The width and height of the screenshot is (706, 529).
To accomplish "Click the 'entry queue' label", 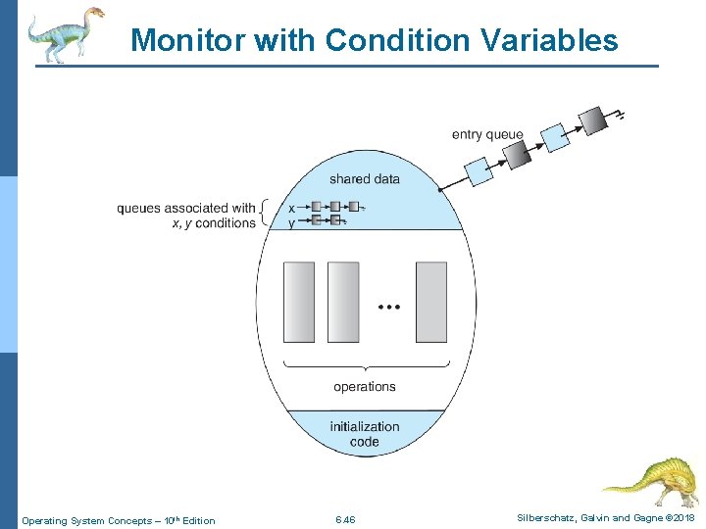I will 487,134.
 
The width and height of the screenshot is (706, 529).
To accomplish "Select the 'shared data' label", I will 365,178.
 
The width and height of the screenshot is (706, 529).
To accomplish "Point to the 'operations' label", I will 365,387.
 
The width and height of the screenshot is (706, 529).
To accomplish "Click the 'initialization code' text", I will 365,434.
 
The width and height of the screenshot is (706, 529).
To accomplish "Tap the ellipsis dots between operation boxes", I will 389,308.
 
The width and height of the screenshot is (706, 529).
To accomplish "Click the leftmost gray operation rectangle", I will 299,302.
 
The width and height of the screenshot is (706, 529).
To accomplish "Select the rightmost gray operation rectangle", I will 430,302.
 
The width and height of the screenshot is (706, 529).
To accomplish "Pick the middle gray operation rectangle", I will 343,302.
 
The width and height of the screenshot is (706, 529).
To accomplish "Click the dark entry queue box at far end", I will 593,120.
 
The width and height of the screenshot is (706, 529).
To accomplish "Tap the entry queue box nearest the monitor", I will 479,172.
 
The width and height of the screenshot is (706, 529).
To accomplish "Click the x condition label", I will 292,208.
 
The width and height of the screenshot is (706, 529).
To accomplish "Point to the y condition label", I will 292,222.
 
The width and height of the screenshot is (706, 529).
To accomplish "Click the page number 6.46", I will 345,520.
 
